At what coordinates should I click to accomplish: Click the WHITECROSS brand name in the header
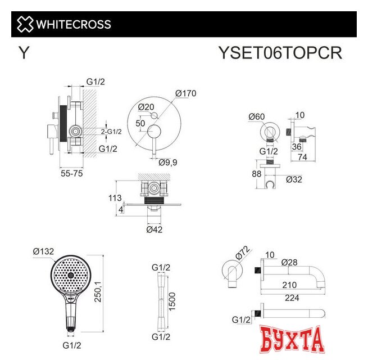pos(74,25)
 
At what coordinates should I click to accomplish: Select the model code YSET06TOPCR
pos(280,53)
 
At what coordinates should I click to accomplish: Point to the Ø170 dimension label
pos(185,93)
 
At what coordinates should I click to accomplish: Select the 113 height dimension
pos(115,197)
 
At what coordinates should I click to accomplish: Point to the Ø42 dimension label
pos(155,229)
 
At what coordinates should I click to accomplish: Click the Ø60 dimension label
pos(256,117)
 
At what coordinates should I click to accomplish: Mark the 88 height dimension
pos(256,174)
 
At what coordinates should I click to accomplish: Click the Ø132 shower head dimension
pos(43,251)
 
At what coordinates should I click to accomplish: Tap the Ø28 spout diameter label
pos(290,262)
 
